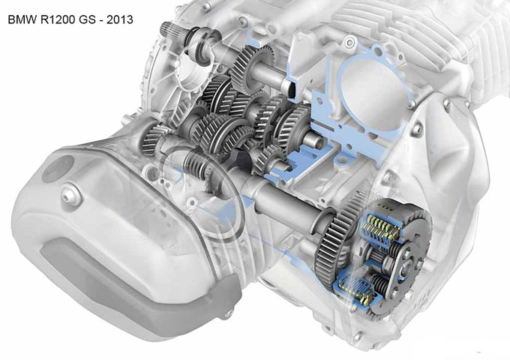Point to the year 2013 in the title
120,19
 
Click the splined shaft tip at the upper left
169,28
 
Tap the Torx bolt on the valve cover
70,195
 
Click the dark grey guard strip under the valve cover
136,286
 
